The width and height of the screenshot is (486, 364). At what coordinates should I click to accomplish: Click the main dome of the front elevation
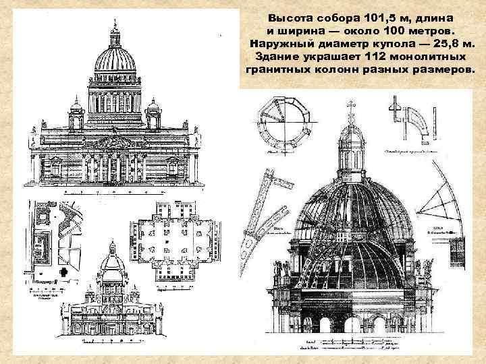(114, 61)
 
